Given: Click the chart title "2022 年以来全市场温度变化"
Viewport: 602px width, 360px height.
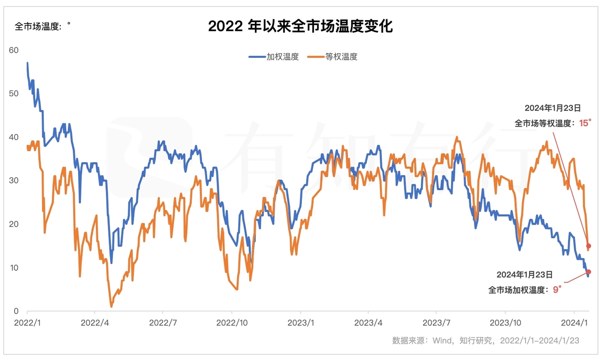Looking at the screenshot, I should coord(300,26).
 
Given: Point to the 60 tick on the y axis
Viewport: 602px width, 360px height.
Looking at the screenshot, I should coord(14,50).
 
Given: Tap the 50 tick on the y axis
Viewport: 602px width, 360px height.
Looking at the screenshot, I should coord(14,94).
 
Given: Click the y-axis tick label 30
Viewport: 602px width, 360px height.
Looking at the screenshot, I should coord(14,180).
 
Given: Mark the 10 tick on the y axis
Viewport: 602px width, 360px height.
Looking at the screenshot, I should coord(14,267).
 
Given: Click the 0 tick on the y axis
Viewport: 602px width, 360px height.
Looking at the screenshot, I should coord(16,311).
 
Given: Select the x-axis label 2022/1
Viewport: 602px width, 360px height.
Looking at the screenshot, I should coord(27,323).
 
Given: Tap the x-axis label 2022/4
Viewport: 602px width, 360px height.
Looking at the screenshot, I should coord(95,323).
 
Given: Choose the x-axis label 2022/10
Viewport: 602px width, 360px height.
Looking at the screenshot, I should coord(231,323).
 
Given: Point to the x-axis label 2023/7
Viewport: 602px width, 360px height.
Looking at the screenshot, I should coord(436,323).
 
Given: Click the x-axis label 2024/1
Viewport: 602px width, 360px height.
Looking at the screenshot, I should coord(573,323).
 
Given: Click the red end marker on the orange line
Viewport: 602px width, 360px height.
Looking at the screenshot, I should coord(588,246).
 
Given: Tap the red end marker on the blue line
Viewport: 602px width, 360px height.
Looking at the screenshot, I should coord(588,272).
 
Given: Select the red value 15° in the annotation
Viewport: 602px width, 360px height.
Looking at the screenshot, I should coord(584,124).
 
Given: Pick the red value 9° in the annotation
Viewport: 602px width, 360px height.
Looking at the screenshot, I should coord(557,290).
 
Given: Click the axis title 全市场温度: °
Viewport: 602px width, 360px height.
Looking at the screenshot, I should coord(42,26).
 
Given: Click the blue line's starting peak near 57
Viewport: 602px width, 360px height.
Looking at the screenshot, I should coord(27,63).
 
